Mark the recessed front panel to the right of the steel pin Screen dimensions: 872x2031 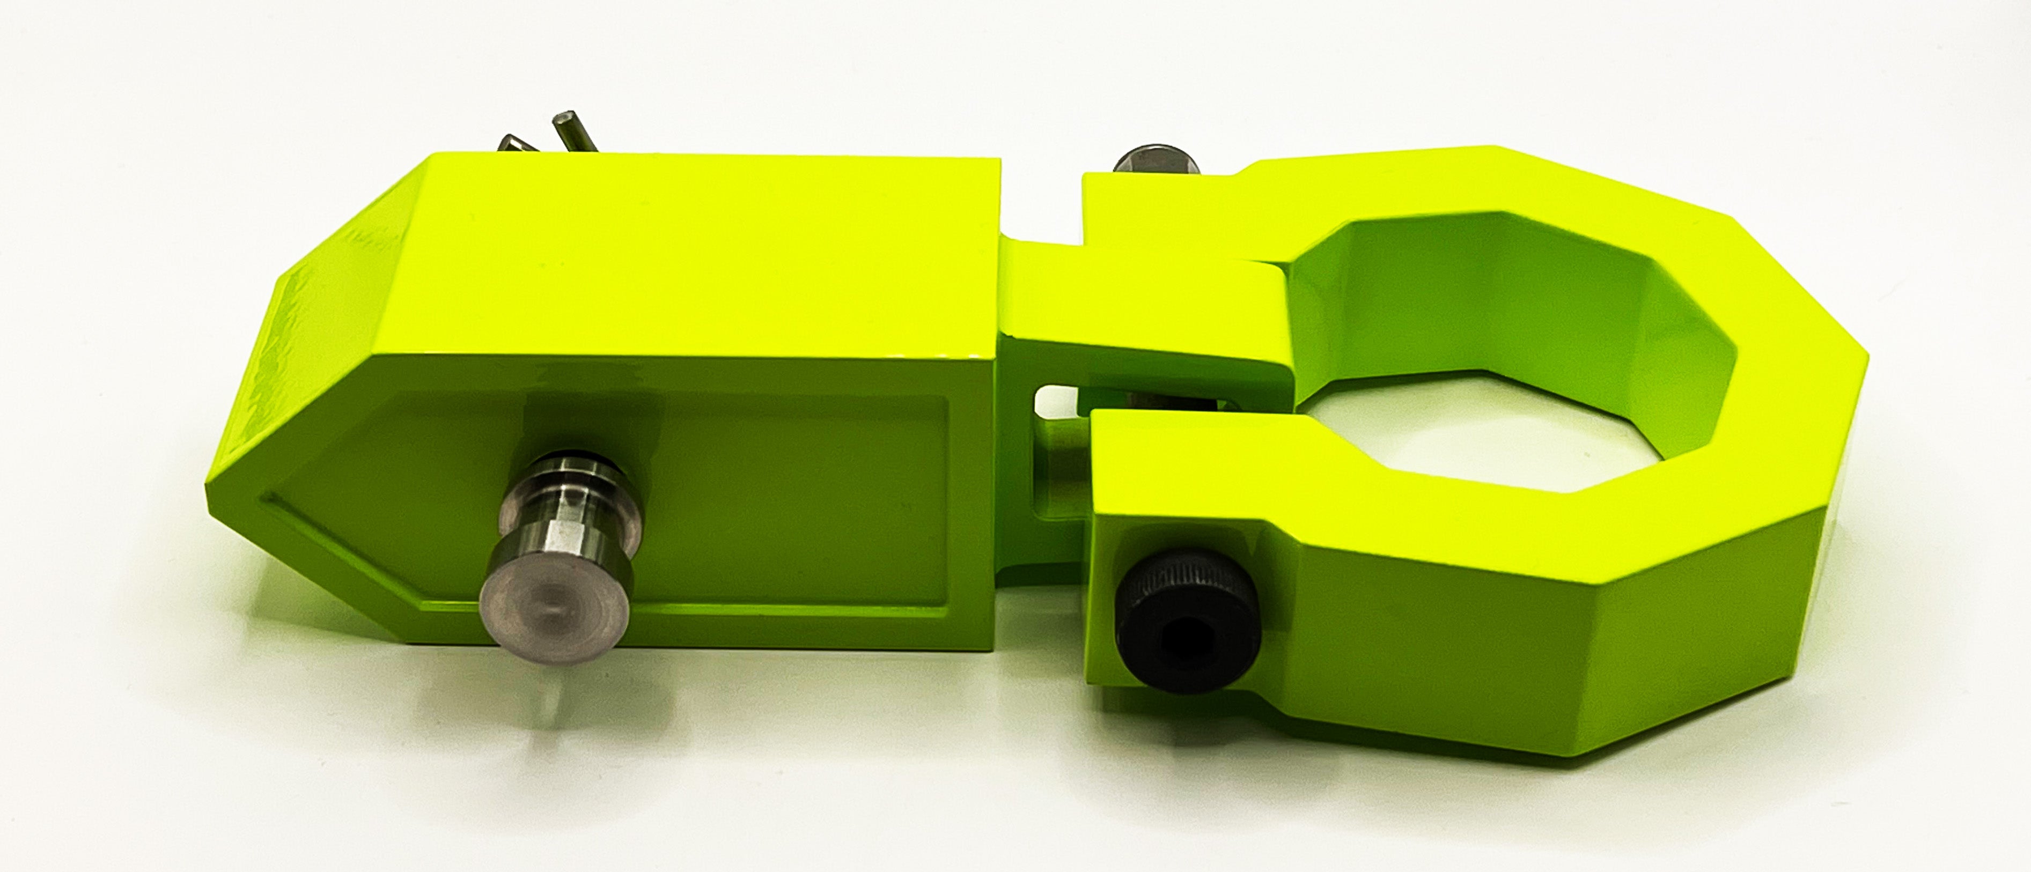pyautogui.click(x=789, y=505)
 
